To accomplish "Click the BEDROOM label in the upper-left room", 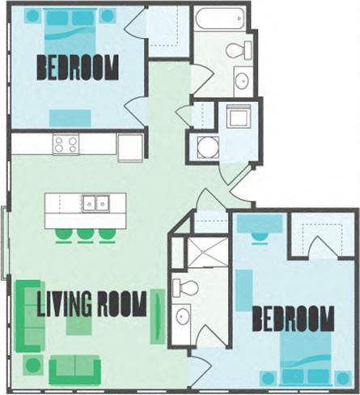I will [x=77, y=67].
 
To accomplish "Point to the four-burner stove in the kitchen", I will [x=66, y=145].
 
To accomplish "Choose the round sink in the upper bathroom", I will [x=240, y=79].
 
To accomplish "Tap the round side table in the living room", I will [x=32, y=366].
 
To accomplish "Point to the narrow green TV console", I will [x=158, y=316].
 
